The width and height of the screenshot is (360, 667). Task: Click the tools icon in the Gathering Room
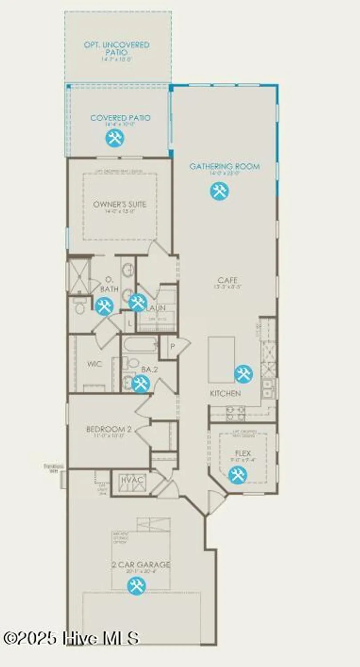[x=219, y=191]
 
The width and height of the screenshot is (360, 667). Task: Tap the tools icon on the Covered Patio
[x=115, y=138]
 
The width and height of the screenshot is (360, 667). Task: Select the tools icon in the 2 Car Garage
[x=136, y=586]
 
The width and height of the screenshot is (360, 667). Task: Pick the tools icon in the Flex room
[x=237, y=475]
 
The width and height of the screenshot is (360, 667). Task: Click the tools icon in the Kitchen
[x=243, y=374]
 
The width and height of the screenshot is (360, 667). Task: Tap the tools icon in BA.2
[x=140, y=383]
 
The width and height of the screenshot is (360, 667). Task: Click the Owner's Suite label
[x=120, y=205]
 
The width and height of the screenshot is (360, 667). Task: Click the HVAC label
[x=132, y=480]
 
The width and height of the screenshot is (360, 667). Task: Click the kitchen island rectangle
[x=221, y=359]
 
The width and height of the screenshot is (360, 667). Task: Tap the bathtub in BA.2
[x=140, y=345]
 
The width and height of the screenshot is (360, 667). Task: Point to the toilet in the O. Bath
[x=80, y=307]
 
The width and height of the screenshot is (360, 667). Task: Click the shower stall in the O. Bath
[x=78, y=277]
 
